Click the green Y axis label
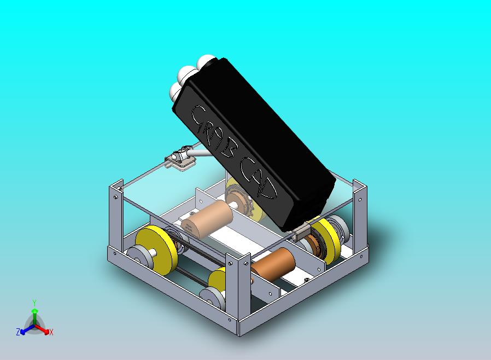pos(34,303)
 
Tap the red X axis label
pos(51,332)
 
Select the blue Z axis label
pos(18,332)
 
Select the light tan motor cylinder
pos(207,218)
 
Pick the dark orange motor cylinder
pos(273,264)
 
